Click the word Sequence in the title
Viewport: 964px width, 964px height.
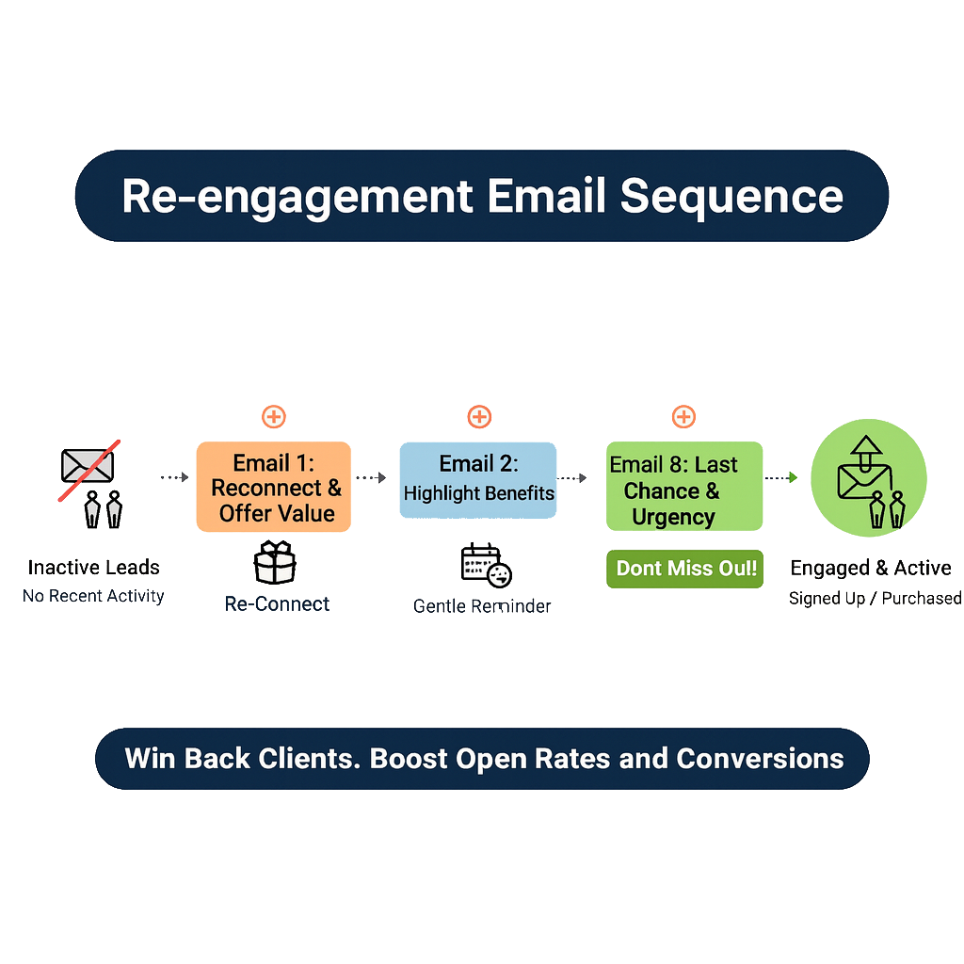(731, 196)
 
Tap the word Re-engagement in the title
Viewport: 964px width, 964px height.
(297, 196)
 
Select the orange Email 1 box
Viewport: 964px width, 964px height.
(273, 488)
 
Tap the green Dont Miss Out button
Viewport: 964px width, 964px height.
(684, 569)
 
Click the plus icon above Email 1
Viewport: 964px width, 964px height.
(274, 417)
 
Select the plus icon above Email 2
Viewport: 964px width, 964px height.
(479, 417)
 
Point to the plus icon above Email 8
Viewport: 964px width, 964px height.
(683, 417)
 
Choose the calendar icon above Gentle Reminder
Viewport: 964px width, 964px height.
(486, 565)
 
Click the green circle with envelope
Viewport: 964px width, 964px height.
(868, 477)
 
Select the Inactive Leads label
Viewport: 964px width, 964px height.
(94, 567)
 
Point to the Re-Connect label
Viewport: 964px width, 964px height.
(278, 604)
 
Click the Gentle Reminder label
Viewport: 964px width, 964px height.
(483, 606)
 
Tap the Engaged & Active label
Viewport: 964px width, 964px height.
(872, 567)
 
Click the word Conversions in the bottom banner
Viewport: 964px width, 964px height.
(760, 759)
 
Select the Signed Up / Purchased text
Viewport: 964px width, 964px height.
(876, 598)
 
